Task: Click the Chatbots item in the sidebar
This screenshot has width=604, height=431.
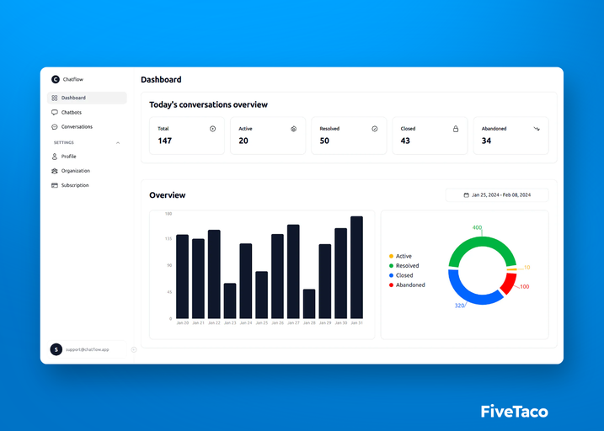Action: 71,112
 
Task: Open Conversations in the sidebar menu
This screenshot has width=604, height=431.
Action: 76,127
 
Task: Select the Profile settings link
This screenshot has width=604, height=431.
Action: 68,157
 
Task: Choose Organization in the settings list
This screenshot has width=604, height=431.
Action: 75,171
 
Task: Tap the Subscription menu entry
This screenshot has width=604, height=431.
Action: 74,185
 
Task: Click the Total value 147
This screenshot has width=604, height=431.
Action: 165,141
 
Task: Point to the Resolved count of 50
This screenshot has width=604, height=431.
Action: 325,141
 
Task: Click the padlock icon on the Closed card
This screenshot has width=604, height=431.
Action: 456,129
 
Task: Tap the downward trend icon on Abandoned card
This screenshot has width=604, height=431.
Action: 537,129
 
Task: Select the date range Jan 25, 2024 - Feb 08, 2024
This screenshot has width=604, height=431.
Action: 497,195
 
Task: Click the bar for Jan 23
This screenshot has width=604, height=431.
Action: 230,301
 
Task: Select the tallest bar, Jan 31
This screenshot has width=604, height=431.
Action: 356,267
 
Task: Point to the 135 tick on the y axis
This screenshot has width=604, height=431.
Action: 168,239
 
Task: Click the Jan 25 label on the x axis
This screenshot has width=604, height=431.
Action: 261,323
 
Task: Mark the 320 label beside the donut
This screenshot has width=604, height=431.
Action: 459,306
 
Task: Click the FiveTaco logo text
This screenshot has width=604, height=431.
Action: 514,412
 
